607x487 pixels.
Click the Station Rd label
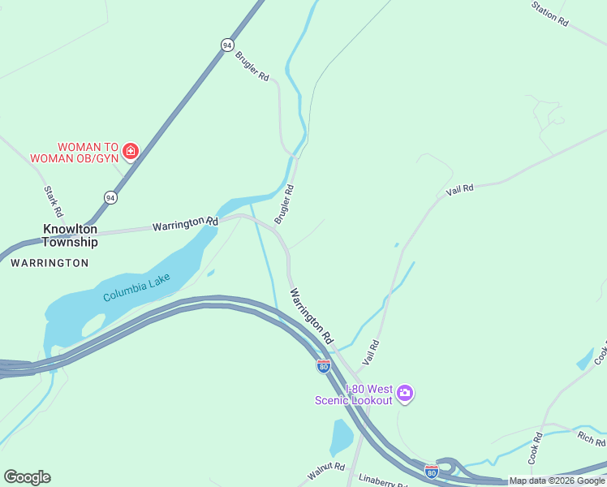pos(549,14)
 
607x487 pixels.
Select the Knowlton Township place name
pos(70,235)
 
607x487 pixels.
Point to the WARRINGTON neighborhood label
pos(50,263)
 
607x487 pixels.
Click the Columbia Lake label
pos(136,288)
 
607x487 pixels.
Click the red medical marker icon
pos(131,150)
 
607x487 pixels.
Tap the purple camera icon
pos(405,394)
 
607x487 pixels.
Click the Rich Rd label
pos(591,440)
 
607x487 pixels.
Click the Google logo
pos(27,477)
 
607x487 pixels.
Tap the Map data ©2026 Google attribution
pos(557,481)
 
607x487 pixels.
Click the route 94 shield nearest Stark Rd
pos(110,197)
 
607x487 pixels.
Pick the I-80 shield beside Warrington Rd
pos(323,366)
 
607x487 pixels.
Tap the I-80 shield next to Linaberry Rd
pos(432,471)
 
